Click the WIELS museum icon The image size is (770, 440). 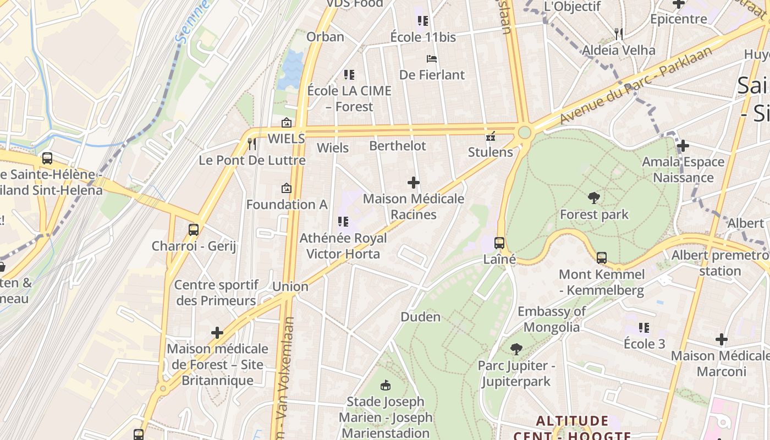point(286,123)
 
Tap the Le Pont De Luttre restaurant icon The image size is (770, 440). point(252,144)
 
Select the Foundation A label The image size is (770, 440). point(287,205)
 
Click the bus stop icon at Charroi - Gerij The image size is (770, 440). point(194,230)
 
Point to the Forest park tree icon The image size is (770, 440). point(593,198)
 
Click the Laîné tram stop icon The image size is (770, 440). point(499,243)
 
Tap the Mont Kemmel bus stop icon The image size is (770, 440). point(602,257)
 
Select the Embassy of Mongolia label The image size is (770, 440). point(552,319)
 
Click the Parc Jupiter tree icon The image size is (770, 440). point(516,349)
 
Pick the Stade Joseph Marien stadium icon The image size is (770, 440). point(386,385)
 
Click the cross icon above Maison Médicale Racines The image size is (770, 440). point(414,183)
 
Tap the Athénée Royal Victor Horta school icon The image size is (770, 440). point(343,222)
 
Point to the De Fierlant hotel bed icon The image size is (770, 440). point(432,58)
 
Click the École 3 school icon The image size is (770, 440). point(644,328)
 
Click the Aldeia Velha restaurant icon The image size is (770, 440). point(619,34)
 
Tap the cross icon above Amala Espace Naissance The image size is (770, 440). point(683,146)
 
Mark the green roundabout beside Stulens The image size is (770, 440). point(524,133)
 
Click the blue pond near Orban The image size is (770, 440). point(290,70)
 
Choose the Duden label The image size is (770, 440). point(420,317)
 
